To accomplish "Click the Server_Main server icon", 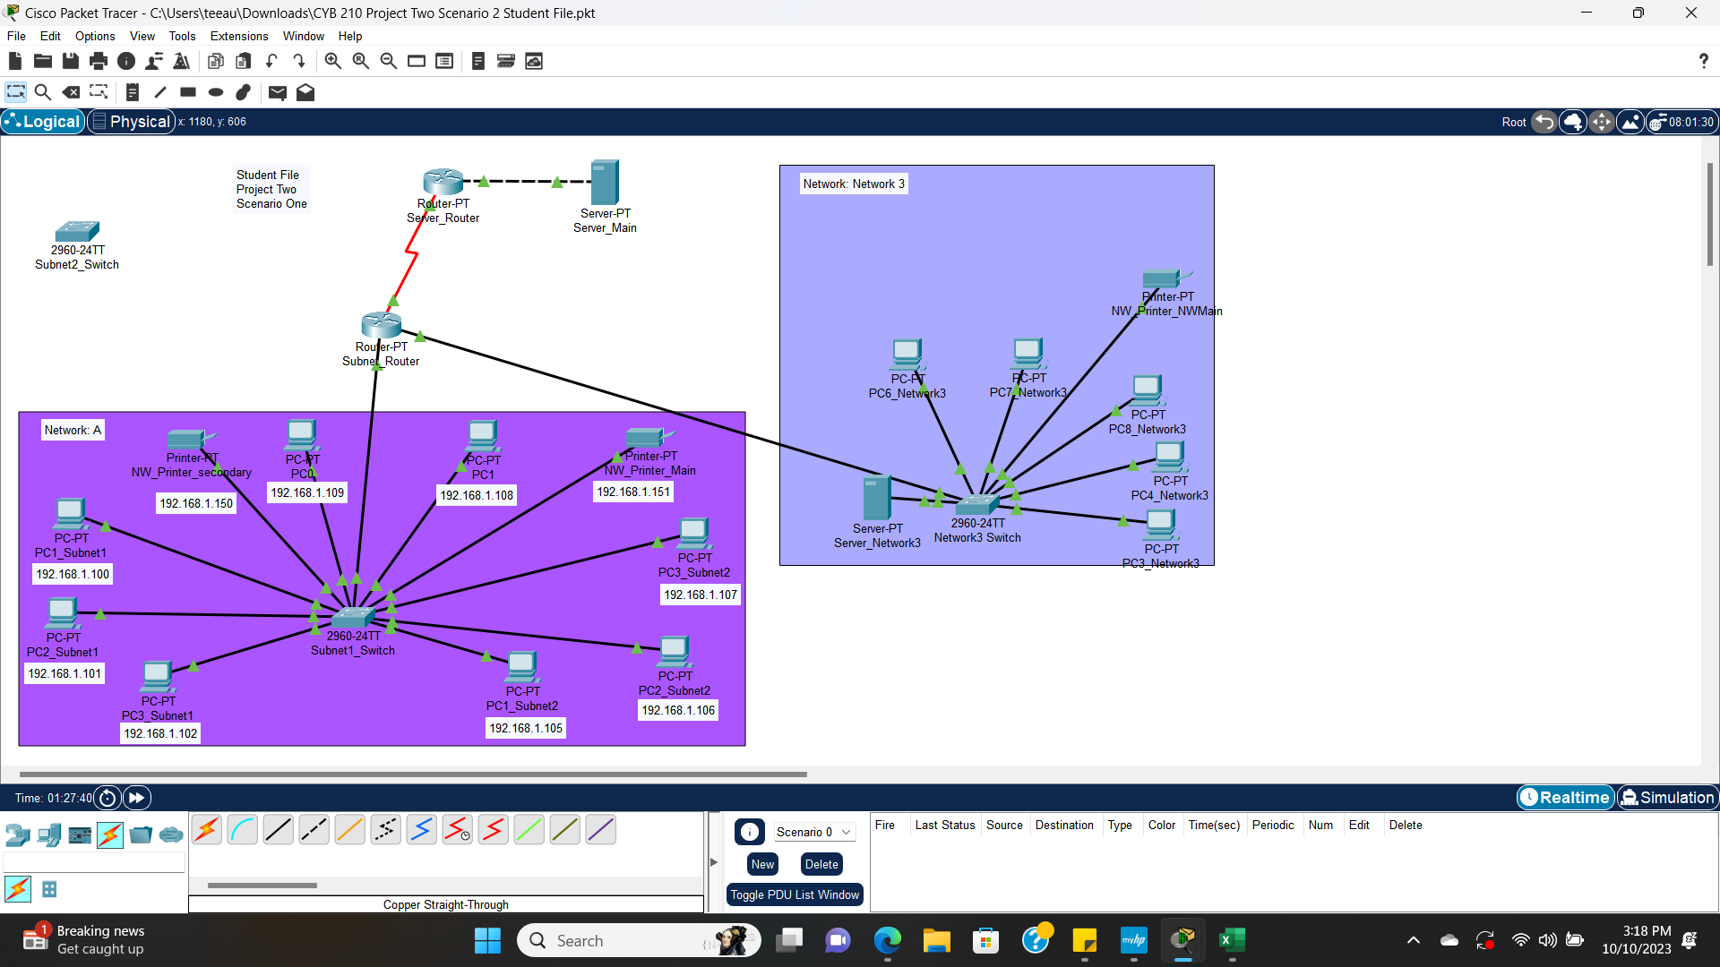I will coord(605,182).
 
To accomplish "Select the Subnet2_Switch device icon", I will coord(77,232).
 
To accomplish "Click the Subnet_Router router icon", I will coord(381,324).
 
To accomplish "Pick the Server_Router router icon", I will coord(443,181).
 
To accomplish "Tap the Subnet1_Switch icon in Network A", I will coord(353,618).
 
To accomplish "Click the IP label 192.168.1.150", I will coord(196,504).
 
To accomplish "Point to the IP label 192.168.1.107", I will coord(701,595).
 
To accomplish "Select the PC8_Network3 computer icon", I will coord(1147,390).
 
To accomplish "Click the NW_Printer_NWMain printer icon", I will coord(1163,278).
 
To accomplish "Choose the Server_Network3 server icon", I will coord(876,498).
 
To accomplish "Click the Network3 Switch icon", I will coord(977,504).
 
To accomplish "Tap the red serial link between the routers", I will coord(411,255).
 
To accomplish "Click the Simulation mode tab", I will coord(1667,798).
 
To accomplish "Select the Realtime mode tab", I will coord(1565,798).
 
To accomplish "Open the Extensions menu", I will coord(239,36).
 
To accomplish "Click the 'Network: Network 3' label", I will coord(854,184).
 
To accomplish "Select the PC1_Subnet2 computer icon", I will coord(521,666).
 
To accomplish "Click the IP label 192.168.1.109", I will coord(307,493).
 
